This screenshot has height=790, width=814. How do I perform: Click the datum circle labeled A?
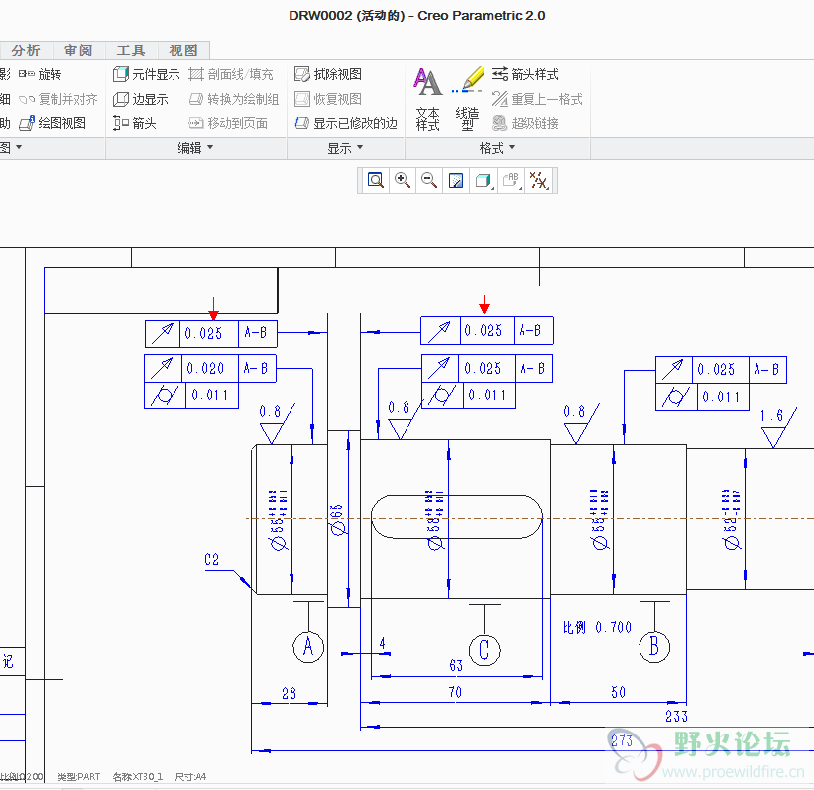(308, 648)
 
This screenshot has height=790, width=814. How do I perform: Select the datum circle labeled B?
(653, 648)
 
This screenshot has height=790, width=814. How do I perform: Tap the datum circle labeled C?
(484, 650)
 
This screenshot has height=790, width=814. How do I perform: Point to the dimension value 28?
(289, 693)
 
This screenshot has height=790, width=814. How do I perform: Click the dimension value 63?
(456, 665)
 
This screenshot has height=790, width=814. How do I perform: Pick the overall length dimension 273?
(622, 739)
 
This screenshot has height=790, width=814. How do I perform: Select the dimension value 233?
(676, 716)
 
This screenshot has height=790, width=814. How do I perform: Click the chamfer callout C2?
(211, 560)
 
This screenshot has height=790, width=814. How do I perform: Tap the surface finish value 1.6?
(772, 415)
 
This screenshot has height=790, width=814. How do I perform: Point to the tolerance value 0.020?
(206, 368)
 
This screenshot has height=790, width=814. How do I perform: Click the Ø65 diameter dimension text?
(337, 518)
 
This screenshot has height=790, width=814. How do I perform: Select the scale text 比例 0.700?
(597, 627)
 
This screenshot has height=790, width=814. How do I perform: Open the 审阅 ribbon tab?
(78, 50)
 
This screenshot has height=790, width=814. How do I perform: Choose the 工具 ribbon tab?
(131, 50)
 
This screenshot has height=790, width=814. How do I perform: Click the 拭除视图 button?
(328, 74)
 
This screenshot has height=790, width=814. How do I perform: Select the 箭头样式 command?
(525, 74)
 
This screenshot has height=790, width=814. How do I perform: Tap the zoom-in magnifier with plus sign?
(403, 180)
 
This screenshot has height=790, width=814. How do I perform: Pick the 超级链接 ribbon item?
(525, 123)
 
